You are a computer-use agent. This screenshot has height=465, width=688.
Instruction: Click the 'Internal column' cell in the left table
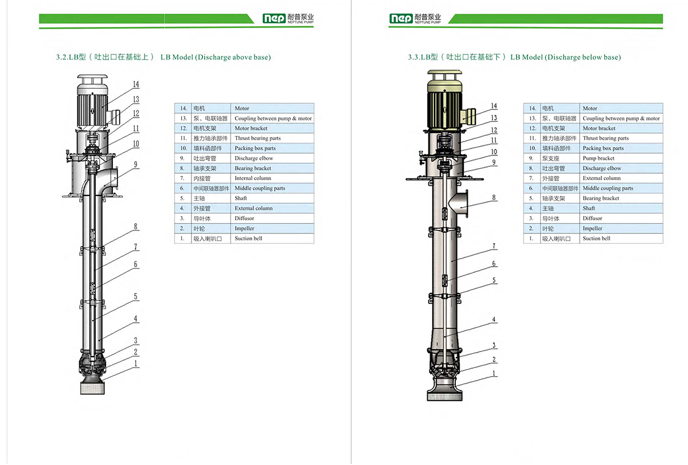253,178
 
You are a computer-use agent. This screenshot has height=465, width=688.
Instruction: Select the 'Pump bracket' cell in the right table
598,158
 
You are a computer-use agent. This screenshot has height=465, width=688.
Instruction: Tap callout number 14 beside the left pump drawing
136,85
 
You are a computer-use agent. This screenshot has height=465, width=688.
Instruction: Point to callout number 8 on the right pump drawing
494,198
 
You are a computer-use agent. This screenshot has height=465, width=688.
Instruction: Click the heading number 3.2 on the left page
61,57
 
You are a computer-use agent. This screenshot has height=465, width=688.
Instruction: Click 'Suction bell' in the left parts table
248,239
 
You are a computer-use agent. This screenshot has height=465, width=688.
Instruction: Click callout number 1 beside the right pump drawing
494,373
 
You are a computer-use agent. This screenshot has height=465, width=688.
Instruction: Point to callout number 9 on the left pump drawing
136,165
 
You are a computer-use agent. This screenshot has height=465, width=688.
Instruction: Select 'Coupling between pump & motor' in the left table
273,119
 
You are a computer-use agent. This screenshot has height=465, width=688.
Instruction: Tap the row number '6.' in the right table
531,188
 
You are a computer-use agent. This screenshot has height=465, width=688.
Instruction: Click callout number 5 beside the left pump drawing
136,296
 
